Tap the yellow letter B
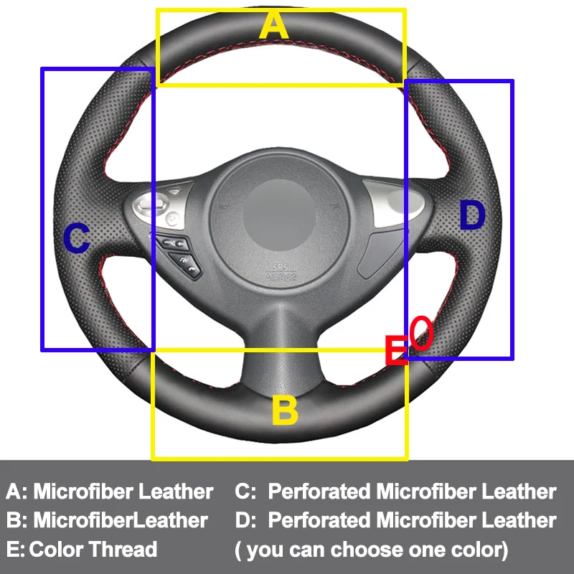[284, 411]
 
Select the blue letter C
[77, 239]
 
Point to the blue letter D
[472, 217]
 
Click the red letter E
[396, 351]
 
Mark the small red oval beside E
[423, 334]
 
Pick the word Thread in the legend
[123, 550]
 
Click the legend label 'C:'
[245, 492]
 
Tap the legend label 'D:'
[245, 520]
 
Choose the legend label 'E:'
[15, 550]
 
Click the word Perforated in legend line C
[318, 492]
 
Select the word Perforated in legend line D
[318, 520]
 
